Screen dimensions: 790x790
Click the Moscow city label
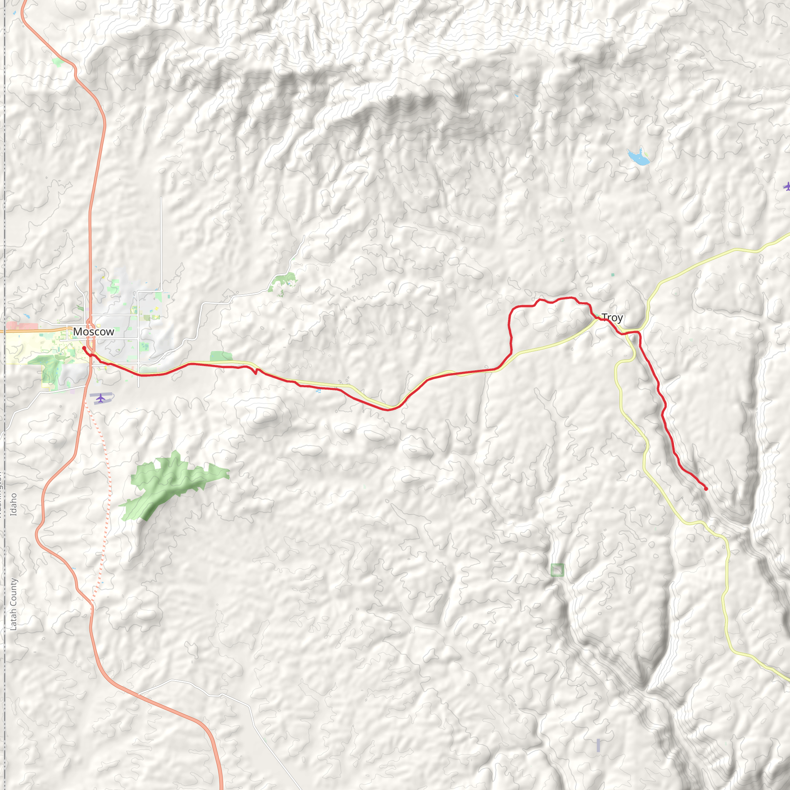click(94, 332)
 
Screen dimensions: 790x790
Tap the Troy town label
click(612, 317)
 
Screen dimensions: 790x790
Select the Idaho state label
click(14, 504)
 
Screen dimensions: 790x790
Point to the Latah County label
click(14, 604)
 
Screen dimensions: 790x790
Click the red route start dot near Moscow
click(84, 348)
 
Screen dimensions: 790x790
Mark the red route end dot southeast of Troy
click(706, 489)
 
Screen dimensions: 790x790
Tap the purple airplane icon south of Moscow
click(101, 397)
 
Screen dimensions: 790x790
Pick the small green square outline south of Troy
click(557, 570)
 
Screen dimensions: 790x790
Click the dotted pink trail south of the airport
click(107, 491)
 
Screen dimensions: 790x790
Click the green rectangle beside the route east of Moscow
click(221, 356)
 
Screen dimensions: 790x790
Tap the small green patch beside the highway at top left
click(57, 62)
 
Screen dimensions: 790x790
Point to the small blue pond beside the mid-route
click(318, 391)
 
